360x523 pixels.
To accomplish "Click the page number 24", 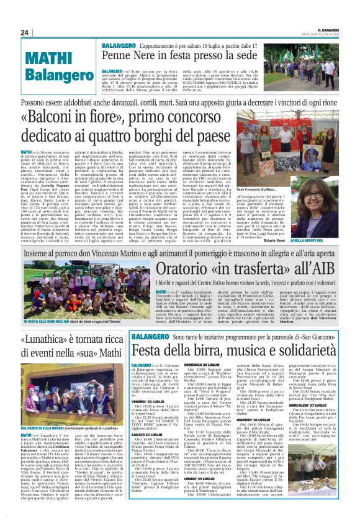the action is coord(24,32).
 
